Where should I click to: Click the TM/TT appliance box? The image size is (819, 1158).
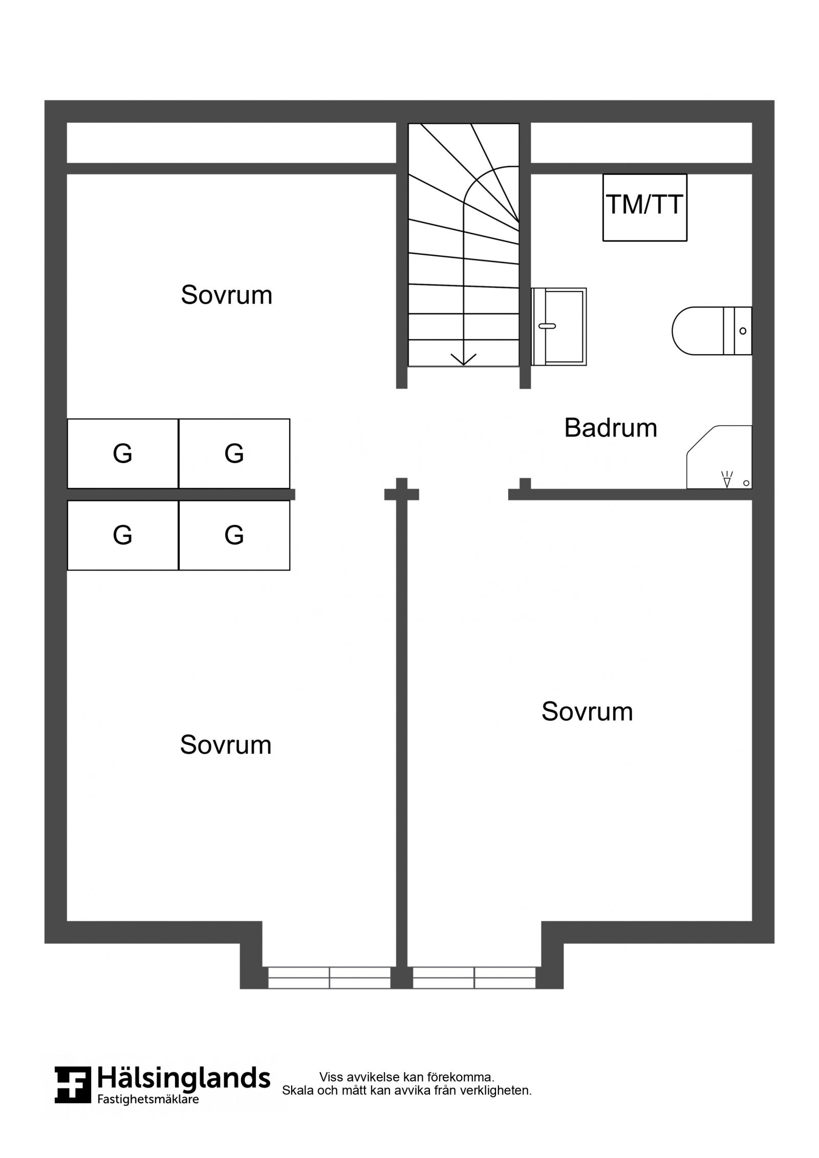(644, 207)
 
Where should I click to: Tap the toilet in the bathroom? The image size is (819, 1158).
(712, 331)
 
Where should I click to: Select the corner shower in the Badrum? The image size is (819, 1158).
(719, 457)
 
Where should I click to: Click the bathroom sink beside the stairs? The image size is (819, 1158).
(559, 326)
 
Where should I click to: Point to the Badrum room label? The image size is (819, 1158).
(611, 428)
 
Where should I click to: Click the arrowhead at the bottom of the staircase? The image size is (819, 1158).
(463, 359)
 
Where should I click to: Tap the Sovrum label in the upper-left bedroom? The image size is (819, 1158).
(226, 295)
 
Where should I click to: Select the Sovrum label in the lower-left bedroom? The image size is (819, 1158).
(226, 745)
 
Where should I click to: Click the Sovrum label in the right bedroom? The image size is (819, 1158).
(587, 711)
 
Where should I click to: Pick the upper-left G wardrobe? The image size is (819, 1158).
(123, 453)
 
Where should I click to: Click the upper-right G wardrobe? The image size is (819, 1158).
(234, 453)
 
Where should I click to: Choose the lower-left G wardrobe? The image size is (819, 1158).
(123, 535)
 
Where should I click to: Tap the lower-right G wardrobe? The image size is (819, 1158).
(234, 535)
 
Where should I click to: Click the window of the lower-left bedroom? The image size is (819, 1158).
(329, 977)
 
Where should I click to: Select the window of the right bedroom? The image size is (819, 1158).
(475, 977)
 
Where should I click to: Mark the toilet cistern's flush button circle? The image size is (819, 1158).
(743, 331)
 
